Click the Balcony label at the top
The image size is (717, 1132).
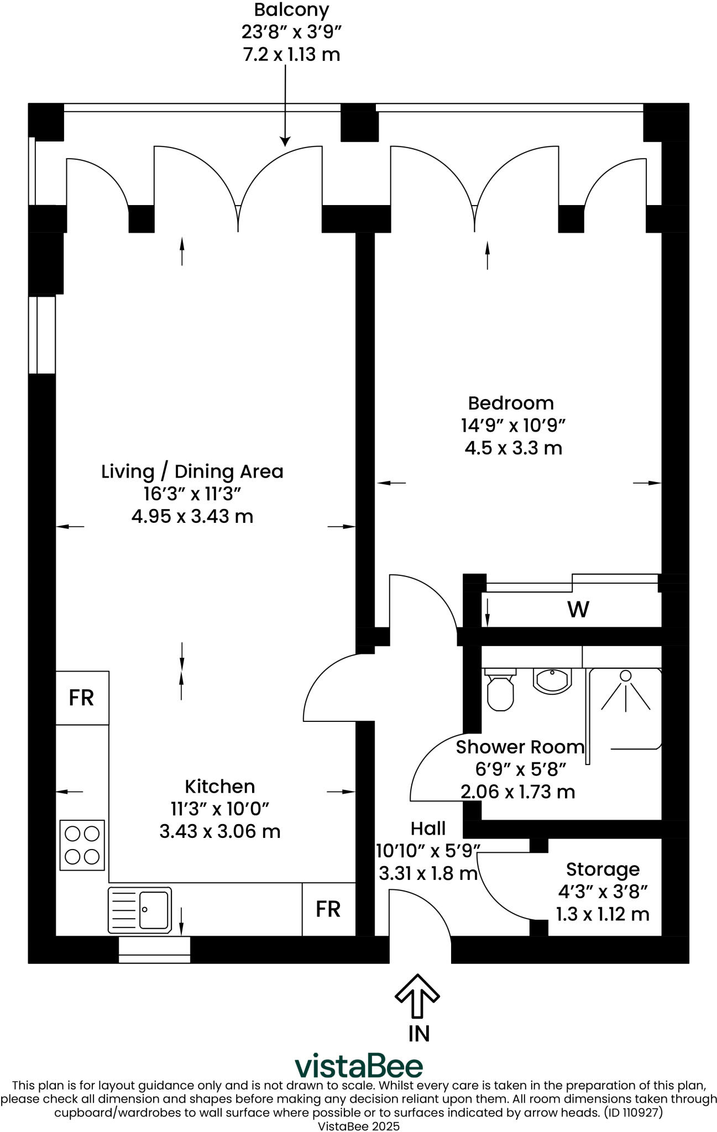click(291, 9)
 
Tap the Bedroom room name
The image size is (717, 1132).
click(511, 403)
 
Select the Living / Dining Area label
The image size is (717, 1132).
click(192, 471)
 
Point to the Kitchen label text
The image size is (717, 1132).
click(219, 787)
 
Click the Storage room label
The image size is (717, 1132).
click(603, 870)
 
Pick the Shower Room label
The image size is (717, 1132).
click(520, 747)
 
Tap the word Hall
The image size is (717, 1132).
click(428, 829)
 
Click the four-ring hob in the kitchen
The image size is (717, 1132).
click(82, 845)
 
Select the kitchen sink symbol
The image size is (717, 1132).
click(139, 909)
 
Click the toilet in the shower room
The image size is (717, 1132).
click(500, 689)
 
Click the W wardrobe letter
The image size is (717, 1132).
click(578, 609)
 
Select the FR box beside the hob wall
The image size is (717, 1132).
click(82, 698)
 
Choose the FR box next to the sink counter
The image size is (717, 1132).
click(328, 909)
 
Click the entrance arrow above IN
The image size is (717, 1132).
click(417, 995)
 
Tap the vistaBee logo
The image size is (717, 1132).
click(359, 1066)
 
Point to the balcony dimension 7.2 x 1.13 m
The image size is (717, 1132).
click(291, 55)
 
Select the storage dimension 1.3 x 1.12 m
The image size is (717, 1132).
click(603, 914)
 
